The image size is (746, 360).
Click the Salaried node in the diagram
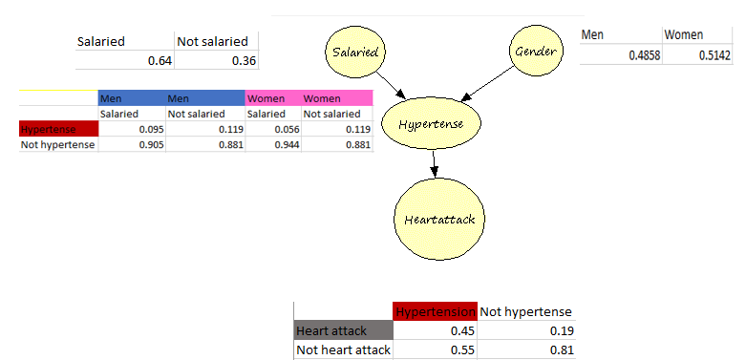[353, 51]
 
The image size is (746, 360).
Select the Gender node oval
[534, 50]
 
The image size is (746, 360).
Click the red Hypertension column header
[435, 311]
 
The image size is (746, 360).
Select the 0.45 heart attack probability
[463, 330]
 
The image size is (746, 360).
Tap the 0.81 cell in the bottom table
[561, 349]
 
